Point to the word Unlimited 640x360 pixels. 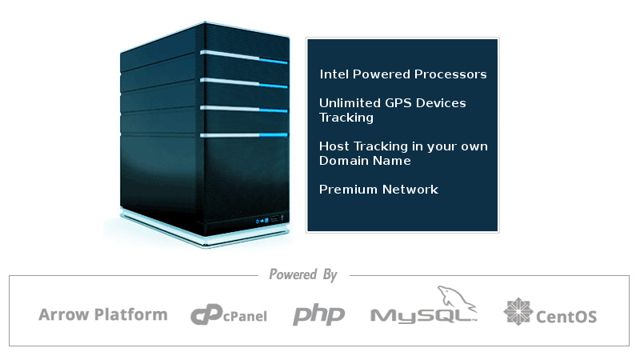[x=350, y=103]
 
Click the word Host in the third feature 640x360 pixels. [x=334, y=146]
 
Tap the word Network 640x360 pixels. [x=410, y=190]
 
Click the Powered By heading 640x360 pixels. [x=303, y=274]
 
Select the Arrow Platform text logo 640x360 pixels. [x=103, y=314]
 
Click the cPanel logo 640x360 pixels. [x=229, y=314]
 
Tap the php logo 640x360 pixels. [x=318, y=314]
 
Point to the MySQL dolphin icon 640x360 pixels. [x=456, y=297]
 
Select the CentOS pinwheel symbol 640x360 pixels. [x=518, y=311]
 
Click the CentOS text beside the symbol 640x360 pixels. [x=566, y=317]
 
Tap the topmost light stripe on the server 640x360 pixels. [x=244, y=57]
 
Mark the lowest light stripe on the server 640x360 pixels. [x=244, y=135]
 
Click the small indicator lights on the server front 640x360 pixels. [x=262, y=221]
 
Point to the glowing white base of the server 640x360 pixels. [x=204, y=230]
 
